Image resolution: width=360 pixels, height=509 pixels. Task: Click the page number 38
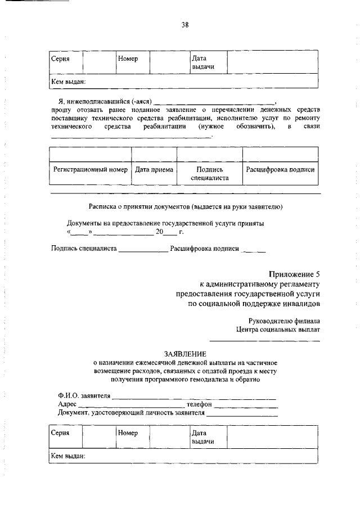(184, 24)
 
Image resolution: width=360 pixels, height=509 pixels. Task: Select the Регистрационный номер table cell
(90, 169)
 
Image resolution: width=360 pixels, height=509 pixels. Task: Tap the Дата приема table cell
(154, 169)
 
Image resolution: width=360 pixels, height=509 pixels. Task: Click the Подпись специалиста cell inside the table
(209, 173)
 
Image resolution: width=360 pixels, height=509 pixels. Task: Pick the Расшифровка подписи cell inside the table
(280, 169)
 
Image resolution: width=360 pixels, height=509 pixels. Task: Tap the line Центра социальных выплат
(278, 330)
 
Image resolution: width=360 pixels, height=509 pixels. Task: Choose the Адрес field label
(67, 404)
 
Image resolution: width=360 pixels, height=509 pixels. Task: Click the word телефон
(199, 404)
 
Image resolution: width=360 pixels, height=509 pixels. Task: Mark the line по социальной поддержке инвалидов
(254, 304)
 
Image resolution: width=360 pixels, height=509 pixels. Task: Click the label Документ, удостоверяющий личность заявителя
(131, 413)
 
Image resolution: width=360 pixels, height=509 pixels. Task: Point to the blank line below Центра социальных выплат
(265, 341)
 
